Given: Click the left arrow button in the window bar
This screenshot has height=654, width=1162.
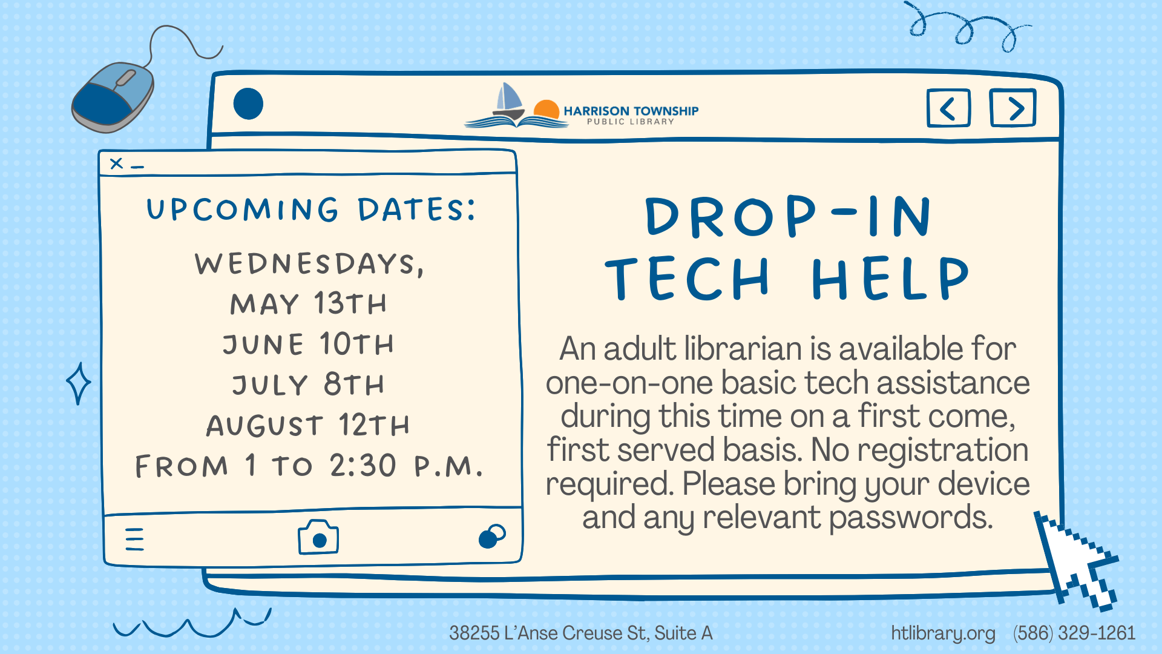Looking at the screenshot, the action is coord(948,108).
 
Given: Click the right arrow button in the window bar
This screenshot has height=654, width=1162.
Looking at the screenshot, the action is coord(1013,108).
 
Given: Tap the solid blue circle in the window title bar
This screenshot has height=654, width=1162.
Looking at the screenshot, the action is coord(248,104).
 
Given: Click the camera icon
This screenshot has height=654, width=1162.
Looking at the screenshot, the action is coord(318,537).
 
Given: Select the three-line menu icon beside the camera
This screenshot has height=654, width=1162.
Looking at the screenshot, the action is coord(134,539).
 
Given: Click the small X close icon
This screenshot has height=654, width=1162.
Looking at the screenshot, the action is coord(117,163).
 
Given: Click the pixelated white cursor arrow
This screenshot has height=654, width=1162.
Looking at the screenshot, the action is coord(1076,560).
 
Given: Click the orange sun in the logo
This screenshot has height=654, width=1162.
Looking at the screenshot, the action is coord(547,109).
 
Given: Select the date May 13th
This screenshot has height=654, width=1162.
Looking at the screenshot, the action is coord(308,303).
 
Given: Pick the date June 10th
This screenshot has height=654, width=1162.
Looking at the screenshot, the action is coord(308,344).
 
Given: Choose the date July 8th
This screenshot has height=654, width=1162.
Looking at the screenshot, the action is coord(308,385).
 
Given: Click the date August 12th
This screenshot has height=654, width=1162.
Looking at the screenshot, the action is coord(308,425).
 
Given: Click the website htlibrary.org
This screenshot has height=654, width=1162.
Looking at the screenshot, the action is coord(943,633).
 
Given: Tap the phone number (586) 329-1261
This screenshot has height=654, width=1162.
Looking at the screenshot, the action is coord(1074,633).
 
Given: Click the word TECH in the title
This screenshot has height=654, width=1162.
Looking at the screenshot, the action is coord(688,278).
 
